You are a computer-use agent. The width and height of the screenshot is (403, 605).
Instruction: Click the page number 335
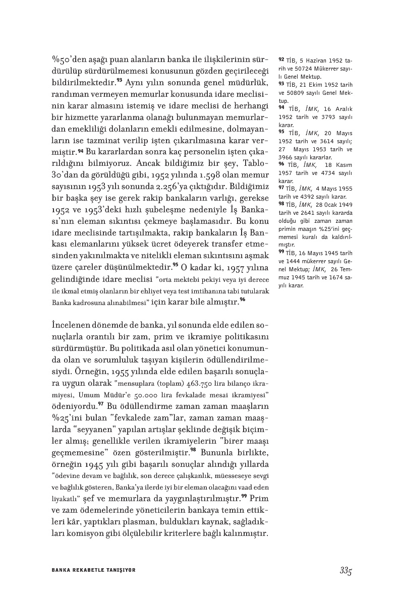click(x=345, y=570)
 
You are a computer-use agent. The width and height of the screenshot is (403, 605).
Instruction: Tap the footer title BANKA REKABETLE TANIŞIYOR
click(x=94, y=570)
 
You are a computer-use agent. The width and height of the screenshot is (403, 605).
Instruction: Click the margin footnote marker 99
click(x=281, y=252)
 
